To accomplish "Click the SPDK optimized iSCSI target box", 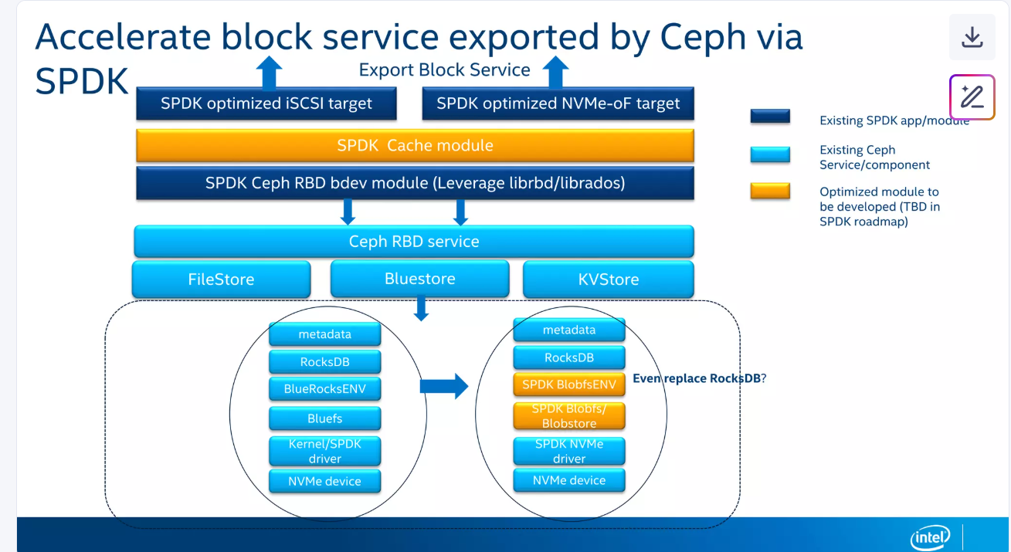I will pos(266,103).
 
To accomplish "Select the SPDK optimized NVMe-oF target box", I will pos(558,103).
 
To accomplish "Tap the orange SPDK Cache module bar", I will pos(415,145).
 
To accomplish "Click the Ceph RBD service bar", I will pos(414,242).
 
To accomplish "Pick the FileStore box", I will pos(221,279).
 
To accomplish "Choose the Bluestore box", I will pos(419,279).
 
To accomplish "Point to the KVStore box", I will pos(608,279).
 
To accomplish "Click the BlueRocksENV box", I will pos(324,389).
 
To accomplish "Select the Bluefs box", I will pos(324,418).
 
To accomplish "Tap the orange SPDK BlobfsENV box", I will pos(569,384).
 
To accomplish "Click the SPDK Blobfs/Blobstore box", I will pos(569,416).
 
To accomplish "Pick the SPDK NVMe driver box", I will pos(569,451).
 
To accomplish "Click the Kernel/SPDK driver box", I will pos(324,451).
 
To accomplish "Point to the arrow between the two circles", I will pos(444,385).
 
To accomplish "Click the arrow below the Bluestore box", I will pos(421,309).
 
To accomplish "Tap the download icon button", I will pos(972,37).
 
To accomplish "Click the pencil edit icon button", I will pos(972,97).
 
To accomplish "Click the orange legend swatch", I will pos(770,191).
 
